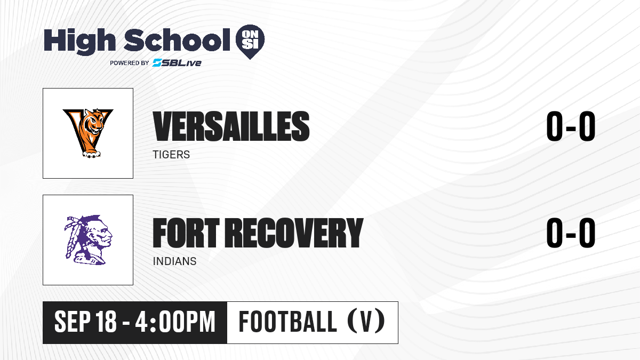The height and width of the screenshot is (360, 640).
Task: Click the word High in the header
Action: (x=79, y=42)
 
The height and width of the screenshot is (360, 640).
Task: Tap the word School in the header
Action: (x=177, y=40)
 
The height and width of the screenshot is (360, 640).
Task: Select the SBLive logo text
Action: (x=177, y=63)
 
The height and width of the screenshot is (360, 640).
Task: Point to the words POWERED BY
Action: (x=130, y=63)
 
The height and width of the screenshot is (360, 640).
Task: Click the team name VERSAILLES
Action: (x=231, y=126)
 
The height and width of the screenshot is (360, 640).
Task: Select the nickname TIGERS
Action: (x=171, y=155)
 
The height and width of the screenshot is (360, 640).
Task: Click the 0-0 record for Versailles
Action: (x=571, y=126)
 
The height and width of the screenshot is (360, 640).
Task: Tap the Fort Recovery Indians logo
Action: (x=89, y=240)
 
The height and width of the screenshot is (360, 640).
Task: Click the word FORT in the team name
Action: (x=186, y=233)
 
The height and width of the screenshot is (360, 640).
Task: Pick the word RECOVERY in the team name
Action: (x=294, y=233)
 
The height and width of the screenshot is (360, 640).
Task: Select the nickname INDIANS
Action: (x=174, y=261)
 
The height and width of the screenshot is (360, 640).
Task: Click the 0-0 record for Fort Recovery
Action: (x=571, y=233)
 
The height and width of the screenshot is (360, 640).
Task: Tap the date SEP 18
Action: (x=85, y=322)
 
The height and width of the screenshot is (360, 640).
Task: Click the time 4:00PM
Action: (x=175, y=322)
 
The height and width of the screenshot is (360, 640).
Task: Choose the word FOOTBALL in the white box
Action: (x=287, y=322)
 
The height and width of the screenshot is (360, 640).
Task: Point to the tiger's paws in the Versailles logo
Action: (x=91, y=155)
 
